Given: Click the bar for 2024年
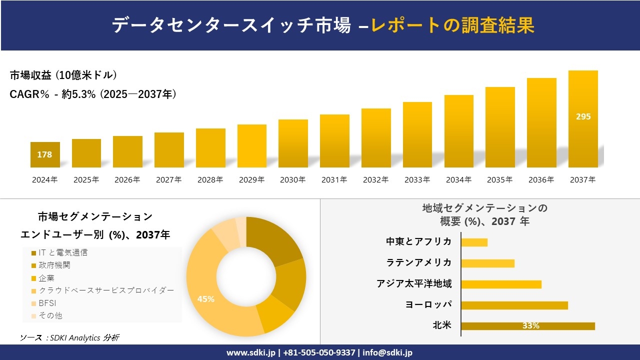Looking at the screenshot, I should click(45, 155).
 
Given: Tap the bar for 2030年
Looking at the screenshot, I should click(293, 143).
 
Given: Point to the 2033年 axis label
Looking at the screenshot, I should click(417, 180).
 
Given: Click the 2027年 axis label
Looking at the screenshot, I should click(168, 180).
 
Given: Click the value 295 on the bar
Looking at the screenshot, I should click(583, 116).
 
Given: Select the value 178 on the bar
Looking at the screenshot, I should click(44, 154).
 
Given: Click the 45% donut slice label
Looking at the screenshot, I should click(205, 299).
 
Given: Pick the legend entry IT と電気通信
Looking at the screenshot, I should click(59, 253).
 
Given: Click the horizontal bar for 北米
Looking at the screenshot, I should click(527, 326).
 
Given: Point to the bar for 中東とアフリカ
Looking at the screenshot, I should click(474, 242).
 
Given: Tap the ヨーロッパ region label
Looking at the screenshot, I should click(429, 304).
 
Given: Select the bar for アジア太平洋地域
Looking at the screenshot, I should click(501, 284).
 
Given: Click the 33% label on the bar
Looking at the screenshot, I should click(530, 326).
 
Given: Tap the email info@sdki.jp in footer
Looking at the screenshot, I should click(388, 352).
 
